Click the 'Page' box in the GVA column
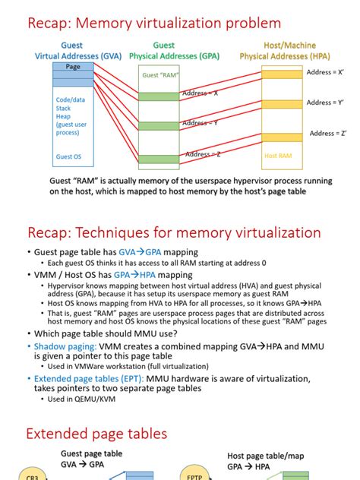click(73, 67)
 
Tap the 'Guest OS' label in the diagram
click(69, 158)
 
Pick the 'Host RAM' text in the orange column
click(278, 156)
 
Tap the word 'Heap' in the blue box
click(64, 117)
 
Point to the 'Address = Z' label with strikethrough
click(203, 154)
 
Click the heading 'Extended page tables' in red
click(98, 434)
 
